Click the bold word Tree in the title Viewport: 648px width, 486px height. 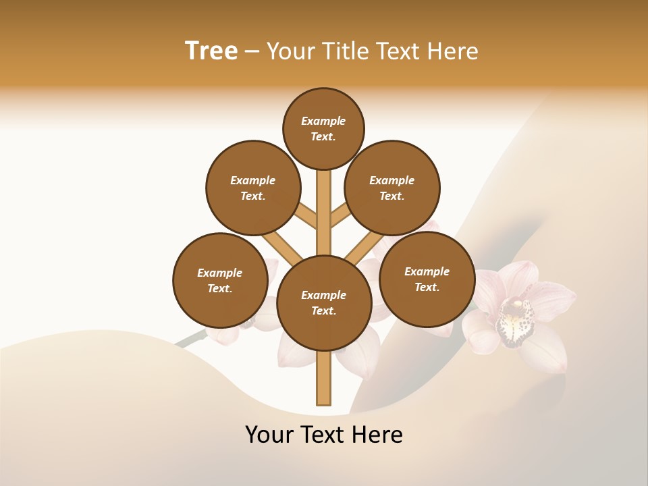[211, 51]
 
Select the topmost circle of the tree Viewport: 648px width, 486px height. [323, 128]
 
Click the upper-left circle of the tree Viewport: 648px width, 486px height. [253, 188]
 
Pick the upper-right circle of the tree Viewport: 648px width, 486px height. [392, 188]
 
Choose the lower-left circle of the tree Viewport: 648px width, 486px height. [220, 280]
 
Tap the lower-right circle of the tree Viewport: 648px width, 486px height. [427, 279]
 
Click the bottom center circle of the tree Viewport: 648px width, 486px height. [324, 302]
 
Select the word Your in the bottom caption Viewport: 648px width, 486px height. [269, 435]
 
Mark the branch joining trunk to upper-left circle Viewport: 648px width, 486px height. [304, 215]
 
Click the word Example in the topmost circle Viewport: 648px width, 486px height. [323, 122]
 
